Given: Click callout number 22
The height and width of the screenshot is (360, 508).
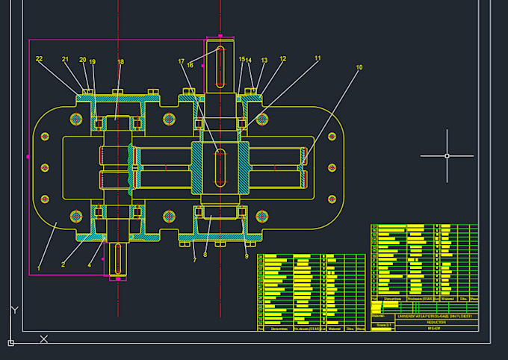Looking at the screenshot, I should (x=39, y=59).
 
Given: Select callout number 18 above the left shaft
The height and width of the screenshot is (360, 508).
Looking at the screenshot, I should (x=120, y=62).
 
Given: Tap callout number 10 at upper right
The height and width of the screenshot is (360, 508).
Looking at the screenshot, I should (x=359, y=68).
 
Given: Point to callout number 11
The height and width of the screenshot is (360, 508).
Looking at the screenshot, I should (x=317, y=58).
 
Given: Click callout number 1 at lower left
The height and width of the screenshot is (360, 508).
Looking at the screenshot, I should (x=39, y=267).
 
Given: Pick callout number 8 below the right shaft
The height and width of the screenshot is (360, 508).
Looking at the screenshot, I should (x=205, y=254).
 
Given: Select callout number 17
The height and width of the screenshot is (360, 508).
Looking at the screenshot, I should (x=181, y=61).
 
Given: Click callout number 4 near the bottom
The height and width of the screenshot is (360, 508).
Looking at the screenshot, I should (x=90, y=264).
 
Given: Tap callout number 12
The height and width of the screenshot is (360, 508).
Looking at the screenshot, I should (x=282, y=59).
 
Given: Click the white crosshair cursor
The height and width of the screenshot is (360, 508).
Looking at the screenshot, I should (x=447, y=156).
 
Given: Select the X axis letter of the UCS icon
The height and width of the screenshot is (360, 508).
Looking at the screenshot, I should (x=43, y=339).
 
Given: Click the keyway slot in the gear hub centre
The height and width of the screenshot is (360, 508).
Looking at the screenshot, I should (x=220, y=166).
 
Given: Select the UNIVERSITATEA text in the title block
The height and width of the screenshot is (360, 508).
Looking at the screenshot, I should (x=424, y=316).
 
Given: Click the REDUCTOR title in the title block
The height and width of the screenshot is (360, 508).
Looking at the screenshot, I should (x=424, y=322).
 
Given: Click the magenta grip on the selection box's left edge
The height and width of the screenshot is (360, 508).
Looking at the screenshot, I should (x=28, y=157).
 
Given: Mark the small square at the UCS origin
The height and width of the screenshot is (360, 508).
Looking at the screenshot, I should (x=10, y=343).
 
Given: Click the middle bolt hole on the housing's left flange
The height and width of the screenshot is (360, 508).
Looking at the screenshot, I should (x=45, y=168).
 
